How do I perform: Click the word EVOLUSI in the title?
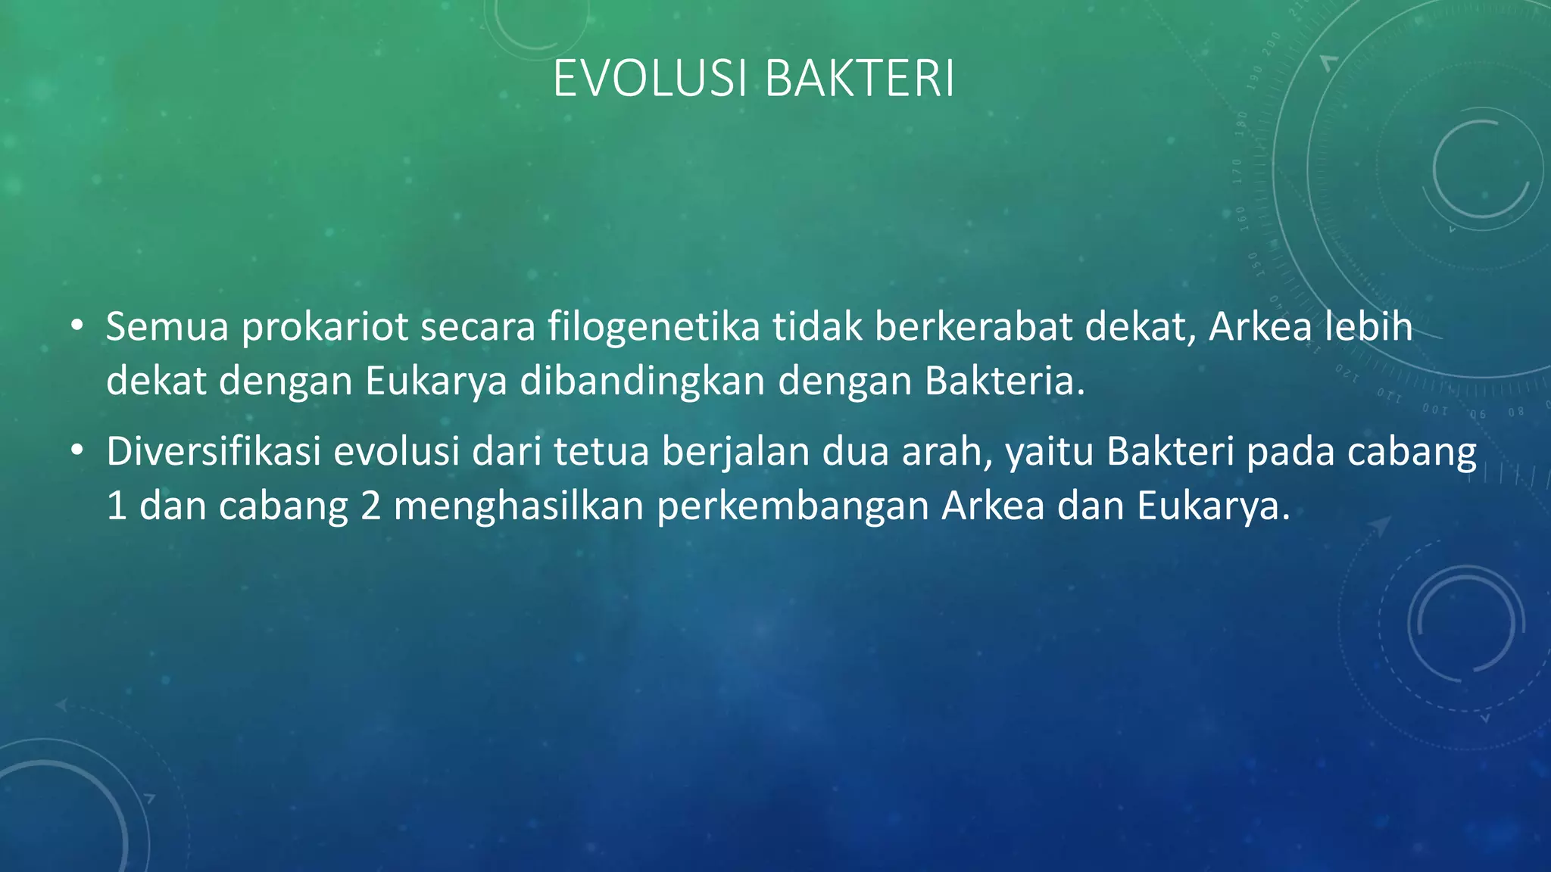click(x=652, y=79)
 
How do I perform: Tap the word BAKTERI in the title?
click(x=860, y=79)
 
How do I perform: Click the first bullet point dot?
click(x=76, y=327)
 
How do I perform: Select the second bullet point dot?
click(x=76, y=451)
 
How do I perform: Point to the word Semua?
click(x=167, y=327)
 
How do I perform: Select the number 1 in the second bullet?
click(x=117, y=506)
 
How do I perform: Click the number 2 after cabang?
click(x=370, y=506)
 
